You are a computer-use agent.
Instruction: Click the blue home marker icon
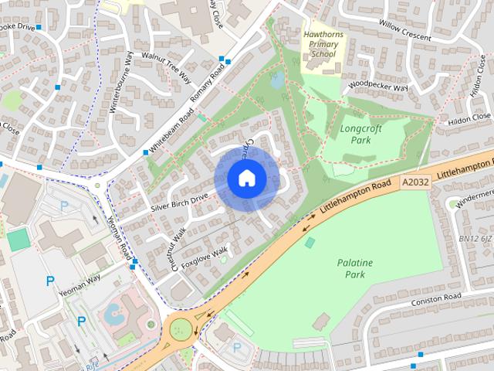click(246, 178)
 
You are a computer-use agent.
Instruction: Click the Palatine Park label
click(354, 268)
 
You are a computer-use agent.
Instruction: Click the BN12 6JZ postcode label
click(475, 239)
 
